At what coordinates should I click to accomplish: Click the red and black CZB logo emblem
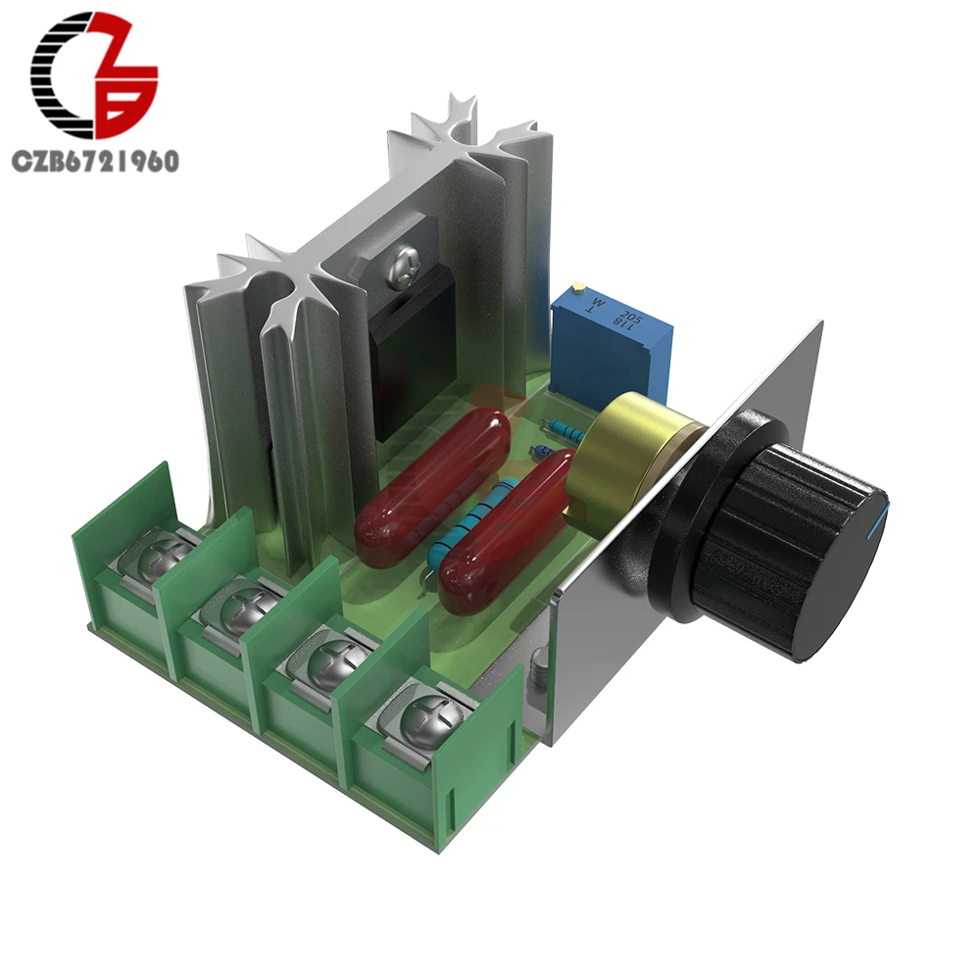[x=93, y=76]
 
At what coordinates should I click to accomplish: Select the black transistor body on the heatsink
[x=412, y=363]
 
